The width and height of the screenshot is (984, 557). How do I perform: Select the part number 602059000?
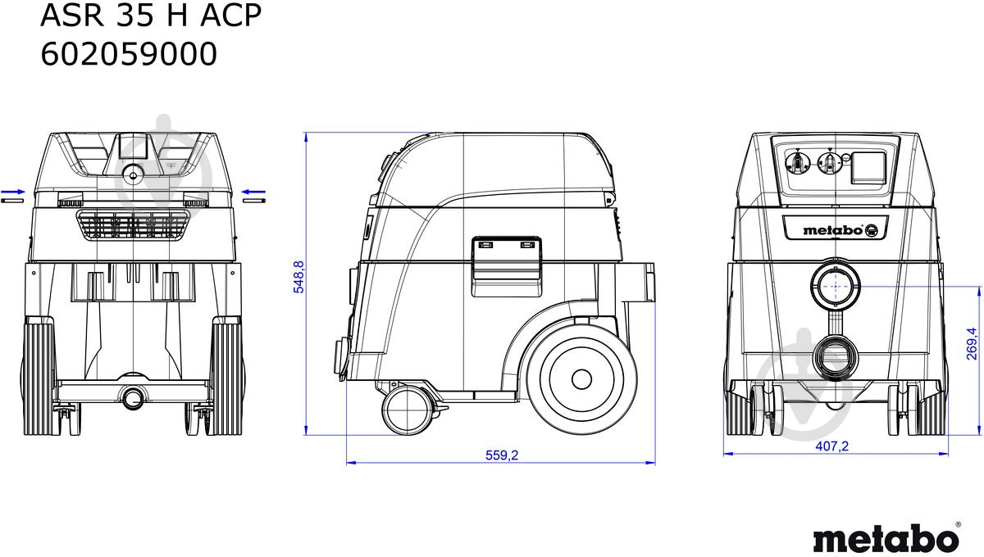coord(129,54)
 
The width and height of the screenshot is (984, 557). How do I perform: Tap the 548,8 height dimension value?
coord(298,277)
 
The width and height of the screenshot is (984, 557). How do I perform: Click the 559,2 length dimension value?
coord(502,455)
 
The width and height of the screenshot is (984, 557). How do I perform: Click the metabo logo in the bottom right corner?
coord(886,538)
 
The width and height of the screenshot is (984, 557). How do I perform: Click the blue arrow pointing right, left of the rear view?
coord(14,193)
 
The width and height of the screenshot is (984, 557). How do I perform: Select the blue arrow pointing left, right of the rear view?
coord(253,193)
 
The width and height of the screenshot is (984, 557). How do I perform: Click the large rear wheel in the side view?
coord(581,378)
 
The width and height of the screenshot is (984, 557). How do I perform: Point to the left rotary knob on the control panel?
coord(795,162)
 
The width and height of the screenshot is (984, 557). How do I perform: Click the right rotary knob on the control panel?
coord(830,162)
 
